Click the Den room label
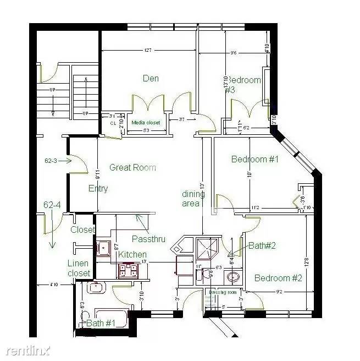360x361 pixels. click(x=151, y=78)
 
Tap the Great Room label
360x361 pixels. click(x=132, y=167)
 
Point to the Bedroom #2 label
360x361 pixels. click(x=278, y=278)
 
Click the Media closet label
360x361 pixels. click(x=146, y=123)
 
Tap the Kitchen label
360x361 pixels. click(x=132, y=254)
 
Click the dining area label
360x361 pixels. click(x=193, y=199)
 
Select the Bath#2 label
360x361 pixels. click(x=262, y=245)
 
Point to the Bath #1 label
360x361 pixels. click(x=100, y=323)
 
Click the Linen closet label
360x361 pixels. click(x=79, y=268)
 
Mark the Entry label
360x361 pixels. click(x=98, y=188)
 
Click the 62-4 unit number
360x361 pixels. click(x=52, y=205)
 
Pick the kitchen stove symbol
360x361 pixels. click(x=128, y=270)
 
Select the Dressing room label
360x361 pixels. click(x=225, y=292)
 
